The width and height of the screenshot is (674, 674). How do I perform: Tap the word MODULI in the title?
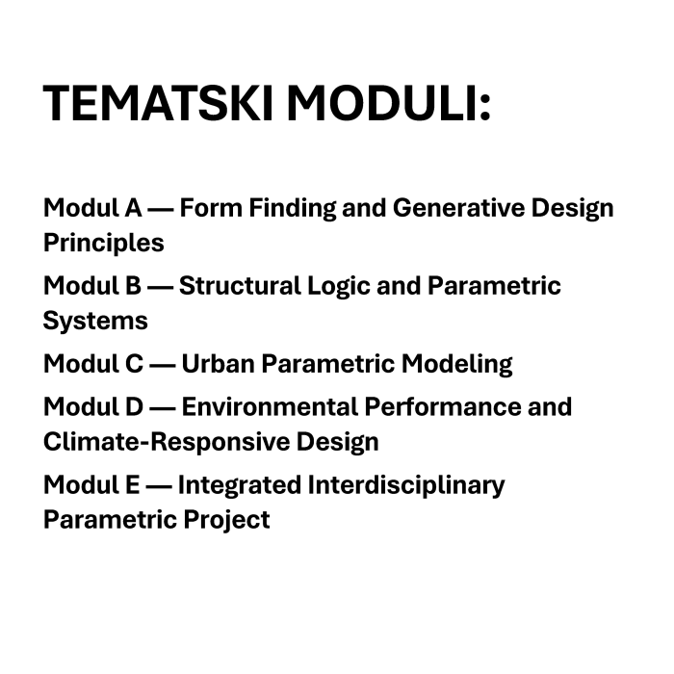(x=387, y=103)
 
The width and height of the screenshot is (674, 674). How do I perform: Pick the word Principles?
(x=103, y=243)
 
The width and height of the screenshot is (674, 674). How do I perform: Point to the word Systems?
(x=95, y=321)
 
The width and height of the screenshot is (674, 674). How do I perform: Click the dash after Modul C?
(x=162, y=365)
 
